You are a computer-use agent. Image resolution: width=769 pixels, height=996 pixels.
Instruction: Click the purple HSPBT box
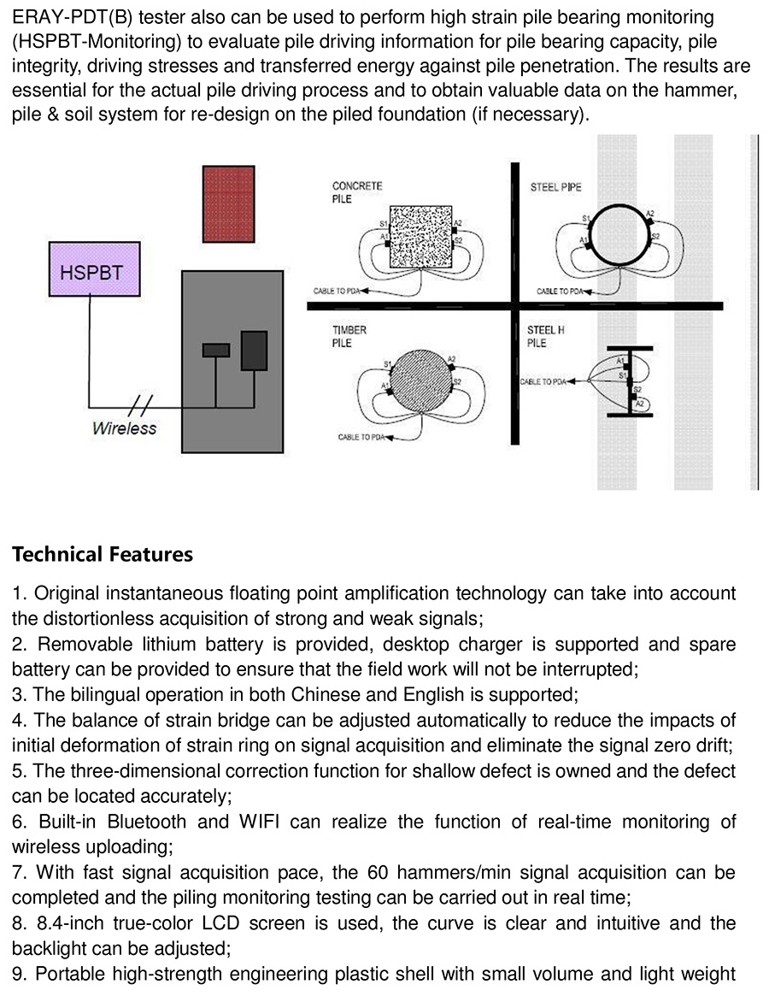[x=95, y=268]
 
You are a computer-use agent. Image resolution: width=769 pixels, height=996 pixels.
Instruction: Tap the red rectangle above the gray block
[x=229, y=203]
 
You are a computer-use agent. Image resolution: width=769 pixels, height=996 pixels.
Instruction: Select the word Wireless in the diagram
[x=125, y=428]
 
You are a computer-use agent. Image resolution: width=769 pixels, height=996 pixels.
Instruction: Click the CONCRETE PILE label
[x=357, y=192]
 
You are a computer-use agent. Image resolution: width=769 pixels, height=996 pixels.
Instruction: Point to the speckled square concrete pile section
[x=420, y=236]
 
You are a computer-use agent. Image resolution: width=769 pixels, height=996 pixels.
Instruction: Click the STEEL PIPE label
[x=555, y=186]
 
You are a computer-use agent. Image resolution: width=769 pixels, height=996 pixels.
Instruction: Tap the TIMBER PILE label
[x=349, y=336]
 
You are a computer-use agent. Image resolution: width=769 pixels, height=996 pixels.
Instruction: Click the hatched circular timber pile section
[x=420, y=381]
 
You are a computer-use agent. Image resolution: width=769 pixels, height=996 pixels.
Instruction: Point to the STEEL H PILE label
[x=545, y=336]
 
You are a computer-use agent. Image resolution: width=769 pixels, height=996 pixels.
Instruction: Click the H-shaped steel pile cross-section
[x=630, y=381]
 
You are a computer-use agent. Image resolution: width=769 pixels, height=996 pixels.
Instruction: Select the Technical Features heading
[x=103, y=554]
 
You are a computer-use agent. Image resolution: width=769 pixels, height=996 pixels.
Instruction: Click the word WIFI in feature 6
[x=259, y=822]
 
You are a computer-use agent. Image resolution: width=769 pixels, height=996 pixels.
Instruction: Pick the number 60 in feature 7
[x=377, y=872]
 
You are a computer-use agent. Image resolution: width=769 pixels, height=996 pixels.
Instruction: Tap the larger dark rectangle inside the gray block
[x=254, y=350]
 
